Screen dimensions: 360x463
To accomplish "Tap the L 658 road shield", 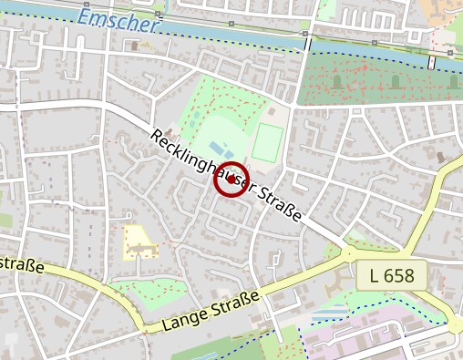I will [398, 275].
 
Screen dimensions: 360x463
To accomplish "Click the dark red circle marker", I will [231, 180].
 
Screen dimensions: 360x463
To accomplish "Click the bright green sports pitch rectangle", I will [266, 143].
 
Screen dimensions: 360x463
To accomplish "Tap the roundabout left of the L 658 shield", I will [348, 254].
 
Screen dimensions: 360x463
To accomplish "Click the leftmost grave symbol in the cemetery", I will [336, 82].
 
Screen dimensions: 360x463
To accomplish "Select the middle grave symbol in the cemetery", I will [395, 81].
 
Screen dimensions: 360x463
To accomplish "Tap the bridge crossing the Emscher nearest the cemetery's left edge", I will [307, 42].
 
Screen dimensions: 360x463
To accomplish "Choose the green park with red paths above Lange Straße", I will [150, 292].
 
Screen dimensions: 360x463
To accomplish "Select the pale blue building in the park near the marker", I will [216, 147].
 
